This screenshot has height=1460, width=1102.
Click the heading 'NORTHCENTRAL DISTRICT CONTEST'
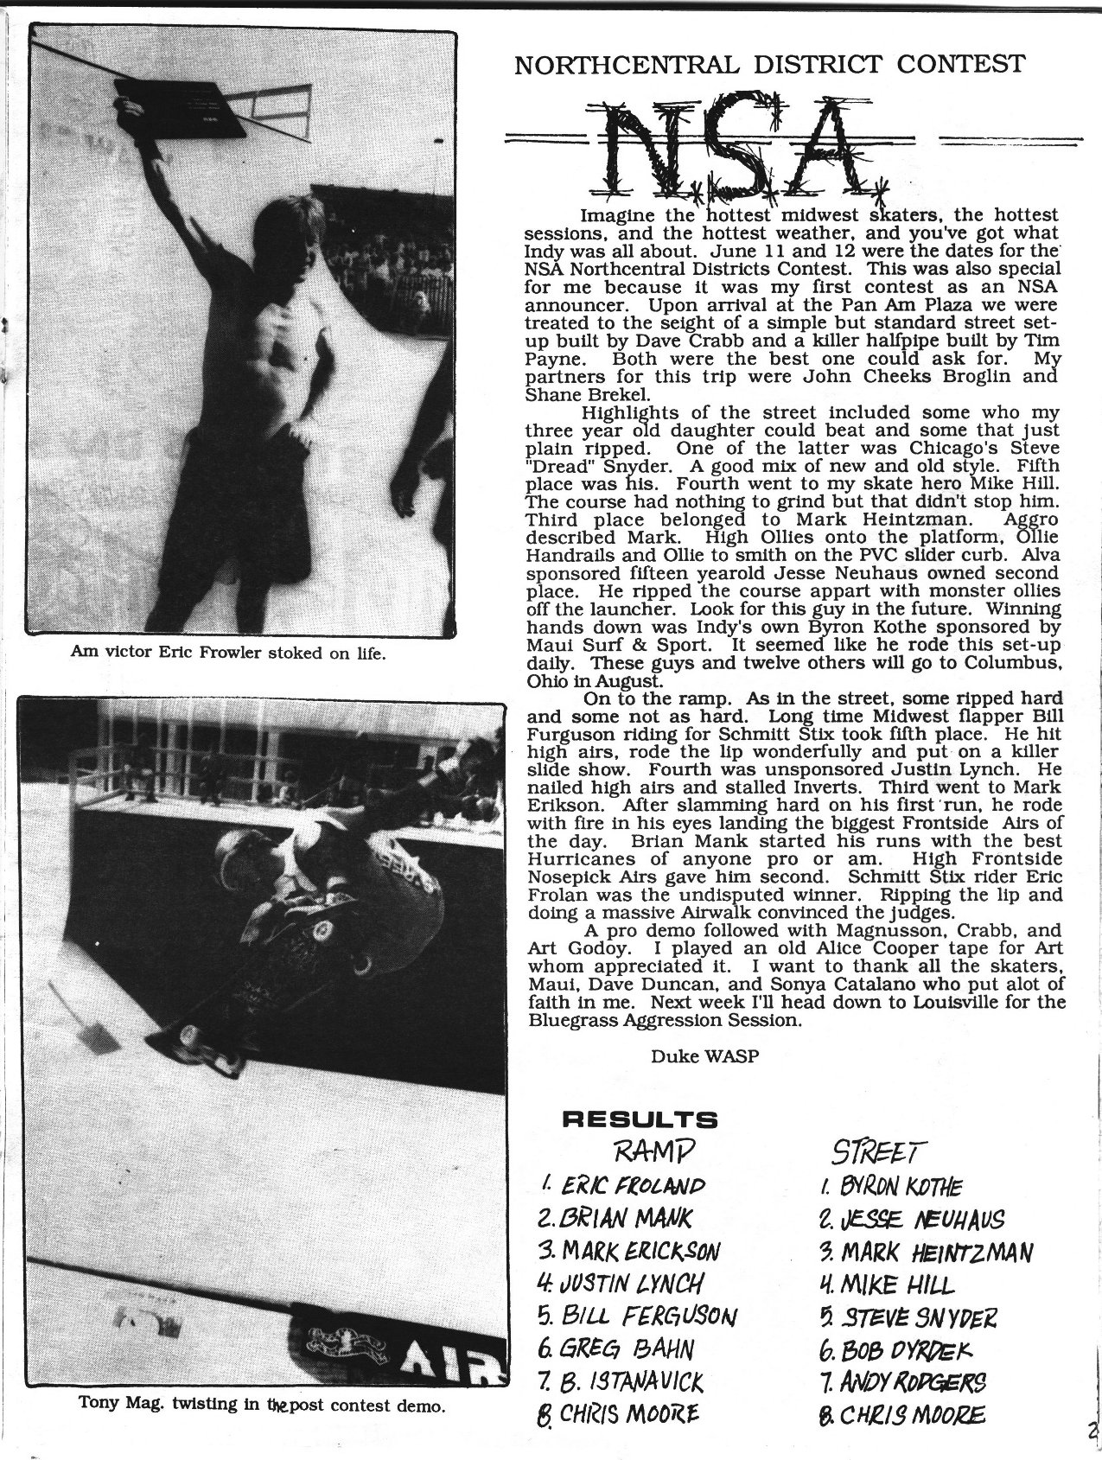pos(769,63)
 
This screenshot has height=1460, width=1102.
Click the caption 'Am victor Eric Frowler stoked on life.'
pos(227,653)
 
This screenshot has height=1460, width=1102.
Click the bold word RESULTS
pos(640,1120)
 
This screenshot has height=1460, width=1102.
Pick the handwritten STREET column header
pos(875,1151)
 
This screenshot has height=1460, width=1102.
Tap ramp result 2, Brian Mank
pos(615,1218)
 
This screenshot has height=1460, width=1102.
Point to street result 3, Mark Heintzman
pos(925,1252)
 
